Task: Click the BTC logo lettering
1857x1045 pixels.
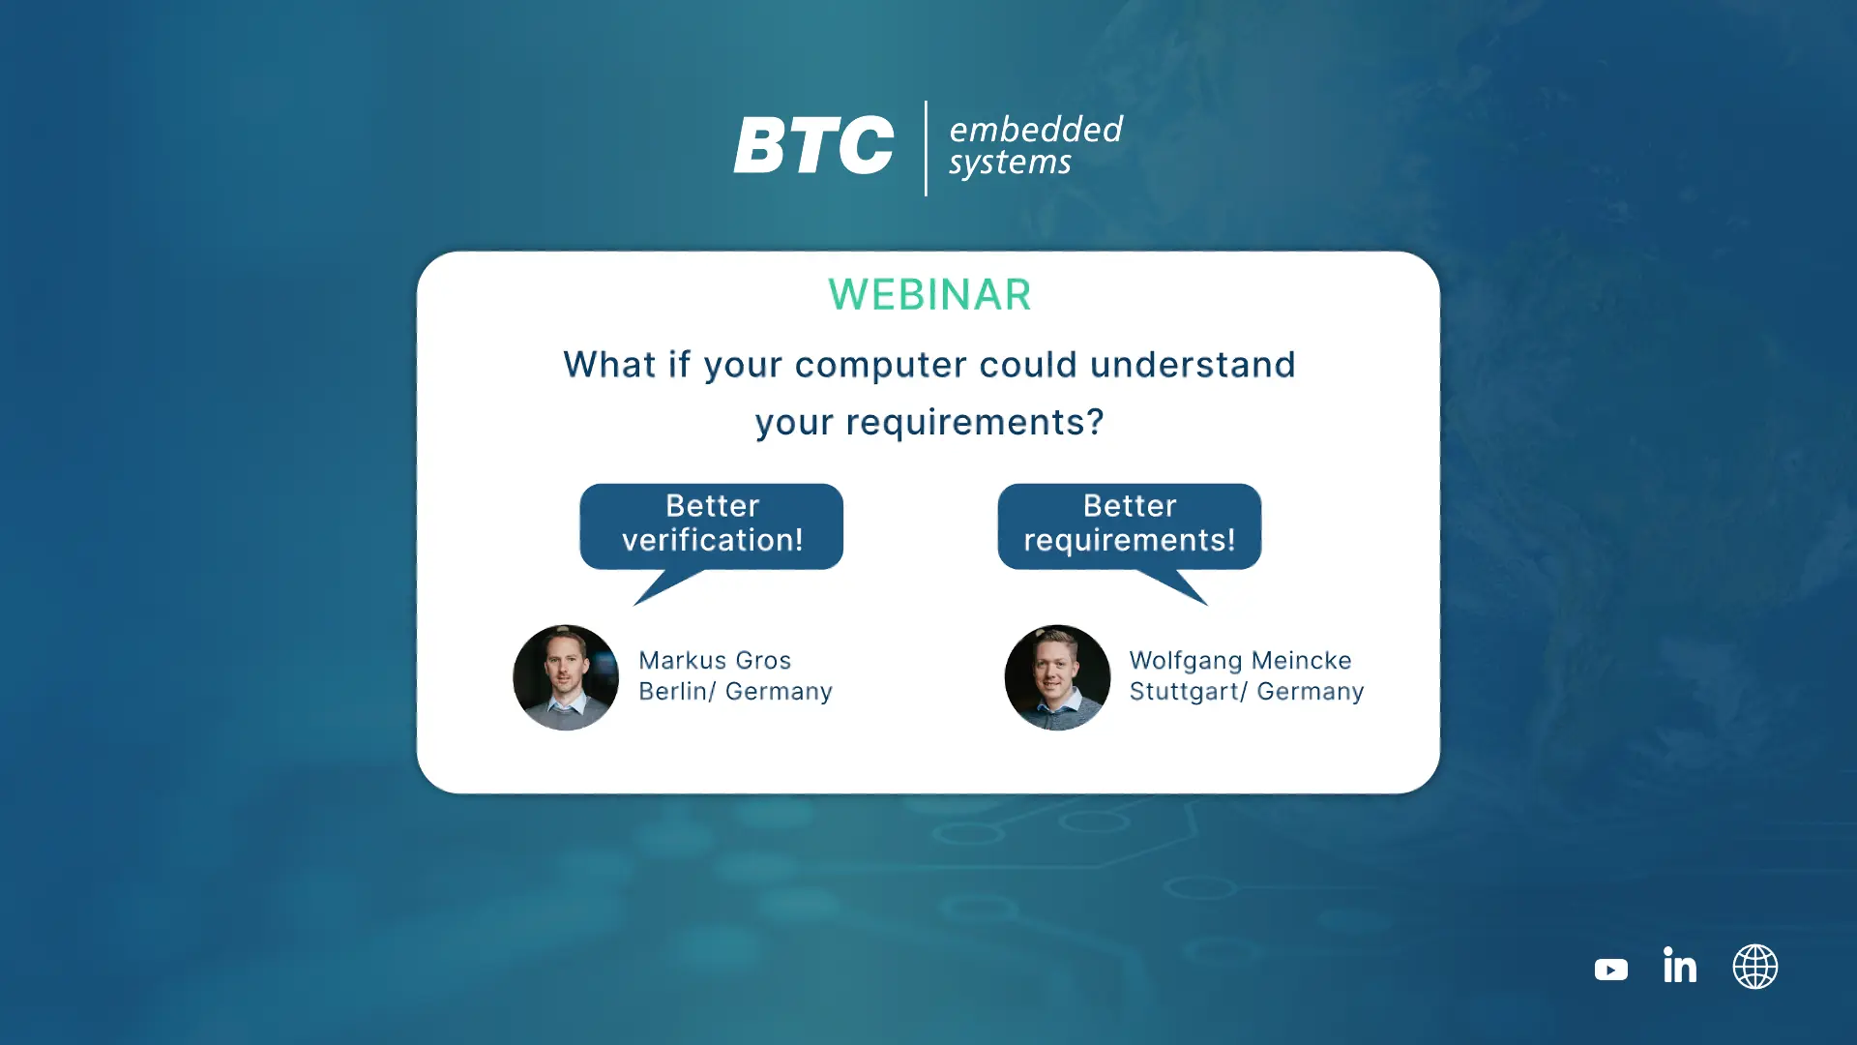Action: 813,146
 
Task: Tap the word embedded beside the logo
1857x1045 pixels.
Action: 1036,129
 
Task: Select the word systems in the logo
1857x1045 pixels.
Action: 1010,163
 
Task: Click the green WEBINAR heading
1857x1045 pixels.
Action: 929,294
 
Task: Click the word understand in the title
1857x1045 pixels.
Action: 1193,364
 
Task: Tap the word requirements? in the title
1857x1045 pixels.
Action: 975,422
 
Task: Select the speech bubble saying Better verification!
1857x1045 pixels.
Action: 712,526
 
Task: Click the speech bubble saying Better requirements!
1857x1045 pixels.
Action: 1130,526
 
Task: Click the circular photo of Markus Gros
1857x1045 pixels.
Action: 566,677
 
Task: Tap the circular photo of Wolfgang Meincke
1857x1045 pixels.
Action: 1057,677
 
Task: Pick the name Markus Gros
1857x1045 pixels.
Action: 715,660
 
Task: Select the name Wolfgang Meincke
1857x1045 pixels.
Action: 1241,661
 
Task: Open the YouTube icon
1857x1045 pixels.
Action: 1611,970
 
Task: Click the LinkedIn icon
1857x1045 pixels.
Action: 1680,965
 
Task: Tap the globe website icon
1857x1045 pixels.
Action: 1755,967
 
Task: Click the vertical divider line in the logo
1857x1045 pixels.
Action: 926,148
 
